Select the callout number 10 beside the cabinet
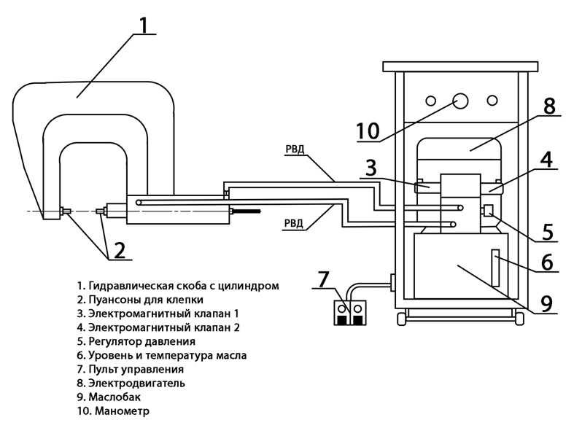(x=368, y=131)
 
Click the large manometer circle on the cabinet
(x=460, y=101)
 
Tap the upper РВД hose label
(x=295, y=151)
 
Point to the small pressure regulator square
(x=487, y=212)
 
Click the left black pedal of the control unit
(x=342, y=319)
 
